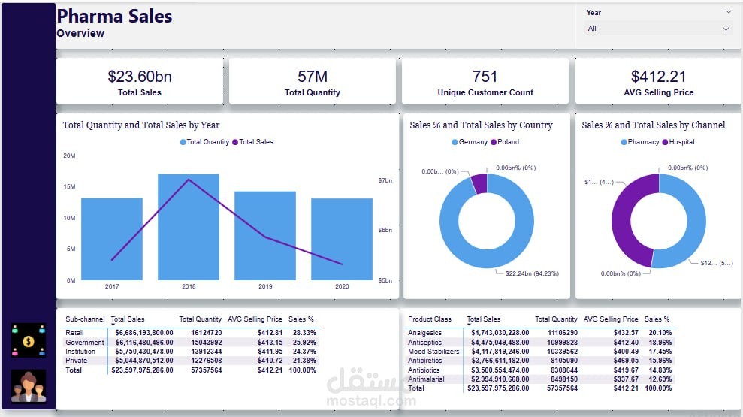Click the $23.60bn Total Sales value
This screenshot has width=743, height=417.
point(140,76)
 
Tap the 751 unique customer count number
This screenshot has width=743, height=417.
point(485,76)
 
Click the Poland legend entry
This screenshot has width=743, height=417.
point(504,142)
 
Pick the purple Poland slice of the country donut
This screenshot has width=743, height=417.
point(479,183)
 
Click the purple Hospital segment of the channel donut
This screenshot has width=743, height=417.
point(627,218)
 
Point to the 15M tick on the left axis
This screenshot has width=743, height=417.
point(69,186)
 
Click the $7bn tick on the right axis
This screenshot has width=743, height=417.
point(385,181)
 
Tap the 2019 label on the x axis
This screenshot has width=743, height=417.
point(265,286)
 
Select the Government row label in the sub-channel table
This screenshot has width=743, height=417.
point(83,342)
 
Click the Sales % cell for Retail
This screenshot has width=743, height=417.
point(304,333)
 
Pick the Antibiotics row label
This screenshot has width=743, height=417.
point(424,370)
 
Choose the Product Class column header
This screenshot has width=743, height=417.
point(430,319)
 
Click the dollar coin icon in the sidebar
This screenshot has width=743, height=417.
point(29,340)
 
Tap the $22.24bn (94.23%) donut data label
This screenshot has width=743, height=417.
point(532,273)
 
